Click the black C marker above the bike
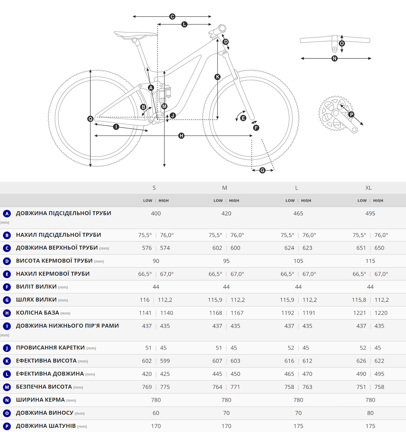tap(172, 17)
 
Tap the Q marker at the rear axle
tap(90, 119)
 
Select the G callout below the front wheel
tap(262, 170)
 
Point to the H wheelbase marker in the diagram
tap(181, 136)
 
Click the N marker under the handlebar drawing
tap(335, 58)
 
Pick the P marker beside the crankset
tap(351, 114)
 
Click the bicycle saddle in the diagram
tap(136, 35)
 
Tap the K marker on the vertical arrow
tap(217, 77)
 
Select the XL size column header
tap(368, 188)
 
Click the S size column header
tap(154, 188)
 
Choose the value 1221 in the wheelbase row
tap(359, 313)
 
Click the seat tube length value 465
tap(298, 213)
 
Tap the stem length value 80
tap(370, 413)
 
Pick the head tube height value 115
tap(370, 261)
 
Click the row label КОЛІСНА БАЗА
tap(38, 313)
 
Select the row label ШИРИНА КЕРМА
tap(40, 399)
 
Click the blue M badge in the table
tap(7, 387)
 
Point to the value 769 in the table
tap(147, 387)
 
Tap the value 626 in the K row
tap(361, 361)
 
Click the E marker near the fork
tap(243, 118)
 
